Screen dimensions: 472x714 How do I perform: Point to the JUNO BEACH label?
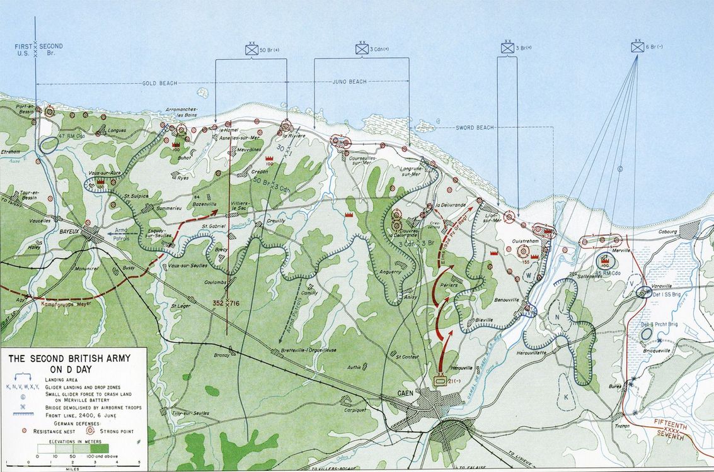pyautogui.click(x=348, y=82)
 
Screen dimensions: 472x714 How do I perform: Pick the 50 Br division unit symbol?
pyautogui.click(x=251, y=48)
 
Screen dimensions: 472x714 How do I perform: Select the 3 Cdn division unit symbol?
pyautogui.click(x=362, y=48)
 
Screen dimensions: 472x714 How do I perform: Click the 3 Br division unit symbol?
pyautogui.click(x=507, y=47)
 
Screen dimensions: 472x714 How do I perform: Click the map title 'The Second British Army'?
pyautogui.click(x=69, y=363)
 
